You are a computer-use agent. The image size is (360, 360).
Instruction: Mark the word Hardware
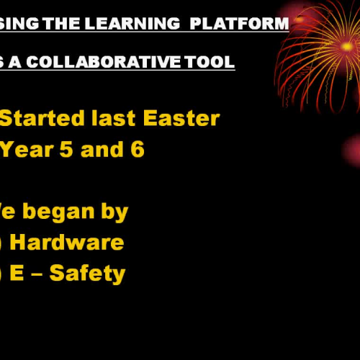pos(67,243)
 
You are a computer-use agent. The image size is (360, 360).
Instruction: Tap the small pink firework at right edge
pos(352,150)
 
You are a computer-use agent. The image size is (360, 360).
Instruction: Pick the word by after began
pos(114,212)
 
